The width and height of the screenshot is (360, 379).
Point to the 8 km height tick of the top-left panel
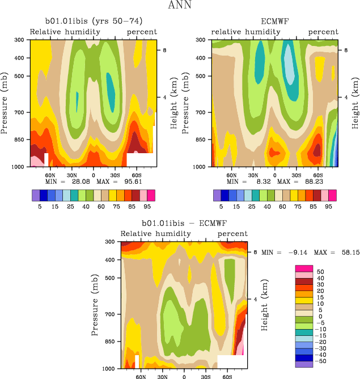coord(164,50)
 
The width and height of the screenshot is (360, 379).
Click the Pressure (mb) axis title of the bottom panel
coord(97,305)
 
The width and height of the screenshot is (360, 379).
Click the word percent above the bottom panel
coord(232,234)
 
